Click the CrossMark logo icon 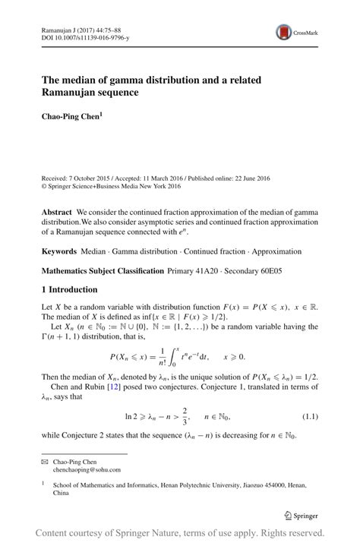284,32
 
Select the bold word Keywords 62,250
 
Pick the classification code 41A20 204,270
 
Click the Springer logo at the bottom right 301,515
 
